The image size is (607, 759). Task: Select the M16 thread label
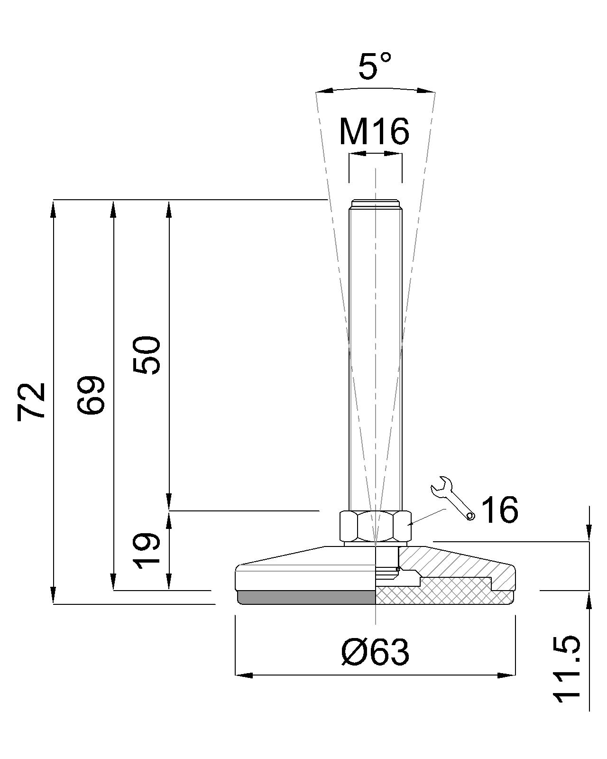(x=374, y=131)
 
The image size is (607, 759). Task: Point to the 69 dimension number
(x=91, y=395)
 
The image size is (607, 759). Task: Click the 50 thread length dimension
(x=147, y=355)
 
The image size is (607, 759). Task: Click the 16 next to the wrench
(x=499, y=509)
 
